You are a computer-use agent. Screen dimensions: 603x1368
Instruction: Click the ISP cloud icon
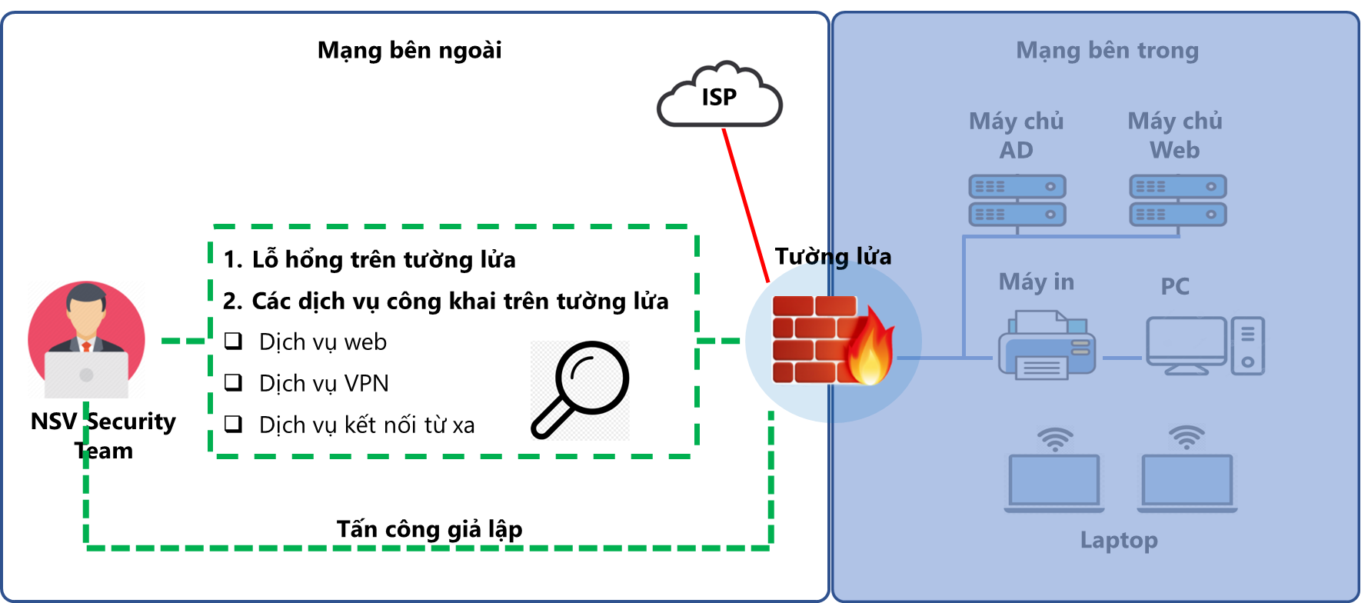719,96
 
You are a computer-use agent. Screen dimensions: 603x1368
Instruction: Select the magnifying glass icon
581,390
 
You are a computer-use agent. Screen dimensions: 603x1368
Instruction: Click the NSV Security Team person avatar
86,339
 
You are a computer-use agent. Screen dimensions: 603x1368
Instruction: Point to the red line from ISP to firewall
745,204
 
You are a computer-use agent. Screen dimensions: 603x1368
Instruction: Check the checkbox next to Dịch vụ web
233,341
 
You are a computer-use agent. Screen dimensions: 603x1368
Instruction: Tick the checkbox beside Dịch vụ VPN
233,382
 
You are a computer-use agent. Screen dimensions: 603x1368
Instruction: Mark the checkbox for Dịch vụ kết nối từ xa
233,424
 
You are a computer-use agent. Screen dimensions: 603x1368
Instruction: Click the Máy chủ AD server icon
1017,200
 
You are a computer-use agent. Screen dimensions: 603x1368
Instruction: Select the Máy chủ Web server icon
1177,200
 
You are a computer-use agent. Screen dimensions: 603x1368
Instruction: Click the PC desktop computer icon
1204,345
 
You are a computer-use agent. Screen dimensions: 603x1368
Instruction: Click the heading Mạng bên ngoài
409,50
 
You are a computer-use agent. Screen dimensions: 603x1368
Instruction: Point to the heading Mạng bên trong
1107,50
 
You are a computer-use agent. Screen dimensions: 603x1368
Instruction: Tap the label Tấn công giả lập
429,529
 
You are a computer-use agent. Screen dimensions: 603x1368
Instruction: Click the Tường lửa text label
833,256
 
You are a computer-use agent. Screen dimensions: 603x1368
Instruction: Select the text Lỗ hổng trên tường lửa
384,259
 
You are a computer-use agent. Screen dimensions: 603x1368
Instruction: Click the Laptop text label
1119,540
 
